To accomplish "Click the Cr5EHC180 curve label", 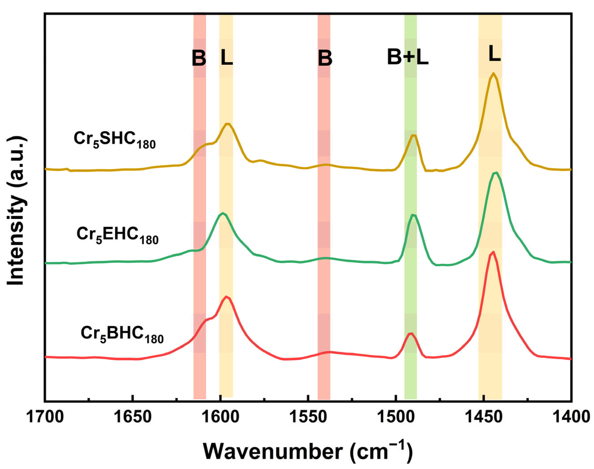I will click(117, 236).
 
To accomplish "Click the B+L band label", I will click(408, 58).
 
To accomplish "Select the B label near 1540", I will click(325, 58).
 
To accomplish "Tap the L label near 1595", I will click(227, 58).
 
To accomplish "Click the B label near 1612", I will click(199, 58).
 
